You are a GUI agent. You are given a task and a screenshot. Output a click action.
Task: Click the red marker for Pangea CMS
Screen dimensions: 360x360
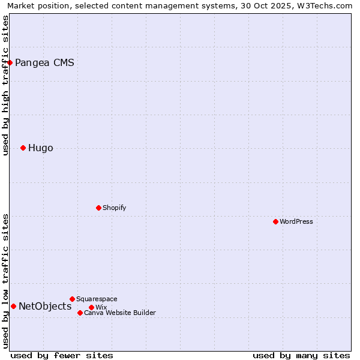click(x=10, y=62)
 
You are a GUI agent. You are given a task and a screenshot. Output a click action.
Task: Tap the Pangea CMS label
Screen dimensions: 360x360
click(x=44, y=62)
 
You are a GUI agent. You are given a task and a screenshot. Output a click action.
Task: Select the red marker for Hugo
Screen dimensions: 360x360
click(x=23, y=148)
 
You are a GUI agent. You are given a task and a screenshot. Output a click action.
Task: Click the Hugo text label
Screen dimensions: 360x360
click(x=40, y=148)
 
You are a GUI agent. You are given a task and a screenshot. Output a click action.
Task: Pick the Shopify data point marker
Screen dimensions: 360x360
click(x=98, y=208)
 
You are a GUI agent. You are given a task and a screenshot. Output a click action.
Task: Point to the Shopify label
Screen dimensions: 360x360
click(x=114, y=208)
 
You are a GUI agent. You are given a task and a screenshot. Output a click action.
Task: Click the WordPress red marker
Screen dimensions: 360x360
click(x=275, y=221)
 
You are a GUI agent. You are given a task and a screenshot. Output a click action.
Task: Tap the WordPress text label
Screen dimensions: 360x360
click(x=296, y=221)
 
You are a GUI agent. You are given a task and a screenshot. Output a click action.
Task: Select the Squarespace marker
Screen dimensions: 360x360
click(x=72, y=299)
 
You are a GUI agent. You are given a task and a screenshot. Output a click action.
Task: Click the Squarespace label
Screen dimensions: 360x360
click(x=97, y=299)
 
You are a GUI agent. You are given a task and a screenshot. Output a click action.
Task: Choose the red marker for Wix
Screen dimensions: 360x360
click(x=91, y=307)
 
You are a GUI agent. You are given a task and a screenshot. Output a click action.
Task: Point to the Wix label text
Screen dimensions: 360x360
click(x=101, y=307)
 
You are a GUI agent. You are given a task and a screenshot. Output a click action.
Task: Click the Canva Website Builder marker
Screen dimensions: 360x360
click(x=80, y=313)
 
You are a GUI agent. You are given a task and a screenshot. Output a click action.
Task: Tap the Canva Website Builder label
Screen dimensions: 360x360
click(x=119, y=313)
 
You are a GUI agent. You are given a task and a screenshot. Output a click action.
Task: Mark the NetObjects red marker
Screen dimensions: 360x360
click(x=13, y=306)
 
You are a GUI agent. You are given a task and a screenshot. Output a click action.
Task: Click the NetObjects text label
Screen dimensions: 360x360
click(x=45, y=307)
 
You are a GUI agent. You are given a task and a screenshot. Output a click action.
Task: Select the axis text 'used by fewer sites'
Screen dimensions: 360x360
click(x=62, y=355)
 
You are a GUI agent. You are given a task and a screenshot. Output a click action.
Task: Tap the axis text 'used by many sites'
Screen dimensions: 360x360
click(x=301, y=355)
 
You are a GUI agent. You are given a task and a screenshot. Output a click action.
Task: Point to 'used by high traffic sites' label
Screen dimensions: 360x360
click(x=5, y=85)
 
